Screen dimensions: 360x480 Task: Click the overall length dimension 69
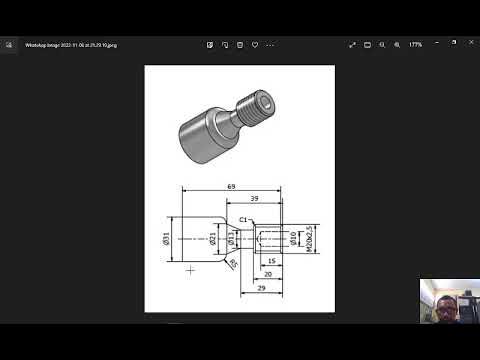(x=231, y=187)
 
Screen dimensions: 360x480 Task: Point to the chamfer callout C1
(x=243, y=219)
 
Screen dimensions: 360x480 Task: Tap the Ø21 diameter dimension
(x=214, y=239)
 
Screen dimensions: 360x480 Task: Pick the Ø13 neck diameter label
(x=231, y=239)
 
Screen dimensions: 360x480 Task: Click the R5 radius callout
(x=234, y=264)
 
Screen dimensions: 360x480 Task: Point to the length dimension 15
(x=271, y=261)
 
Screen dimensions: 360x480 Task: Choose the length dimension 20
(x=267, y=273)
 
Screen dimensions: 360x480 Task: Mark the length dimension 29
(x=261, y=287)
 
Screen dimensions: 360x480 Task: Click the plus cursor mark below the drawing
(x=190, y=269)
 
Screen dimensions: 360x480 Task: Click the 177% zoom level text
(x=414, y=45)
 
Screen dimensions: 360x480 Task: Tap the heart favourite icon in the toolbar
(x=257, y=45)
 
